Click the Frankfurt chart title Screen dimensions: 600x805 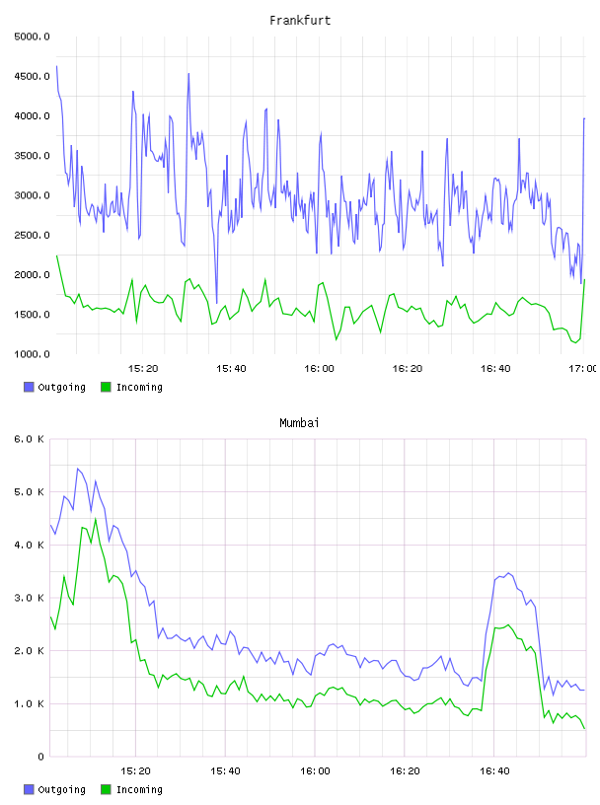pos(300,21)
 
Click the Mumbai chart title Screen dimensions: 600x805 pos(299,423)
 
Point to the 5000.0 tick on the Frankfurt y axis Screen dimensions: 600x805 pos(32,37)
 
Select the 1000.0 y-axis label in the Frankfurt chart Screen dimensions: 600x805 pos(32,354)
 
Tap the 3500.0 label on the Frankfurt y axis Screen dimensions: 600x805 pos(32,156)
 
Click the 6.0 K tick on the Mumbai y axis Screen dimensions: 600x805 pos(30,439)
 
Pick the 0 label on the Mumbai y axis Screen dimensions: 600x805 pos(41,757)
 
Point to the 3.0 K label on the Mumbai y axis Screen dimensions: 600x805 pos(30,598)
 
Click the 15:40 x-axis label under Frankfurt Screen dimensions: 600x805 pos(231,369)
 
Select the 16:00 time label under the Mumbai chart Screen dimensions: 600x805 pos(315,771)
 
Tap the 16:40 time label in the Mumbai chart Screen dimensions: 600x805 pos(494,771)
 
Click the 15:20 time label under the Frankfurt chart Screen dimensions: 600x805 pos(143,369)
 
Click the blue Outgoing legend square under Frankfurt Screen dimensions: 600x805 pos(29,387)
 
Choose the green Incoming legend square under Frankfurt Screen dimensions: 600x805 pos(106,387)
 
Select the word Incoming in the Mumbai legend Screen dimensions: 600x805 pos(139,789)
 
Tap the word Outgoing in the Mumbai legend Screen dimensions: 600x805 pos(61,789)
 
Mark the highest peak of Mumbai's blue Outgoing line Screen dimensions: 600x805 pos(78,469)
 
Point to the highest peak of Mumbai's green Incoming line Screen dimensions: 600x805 pos(96,519)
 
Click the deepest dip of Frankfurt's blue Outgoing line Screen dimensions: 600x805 pos(217,303)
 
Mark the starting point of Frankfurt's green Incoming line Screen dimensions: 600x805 pos(56,256)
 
